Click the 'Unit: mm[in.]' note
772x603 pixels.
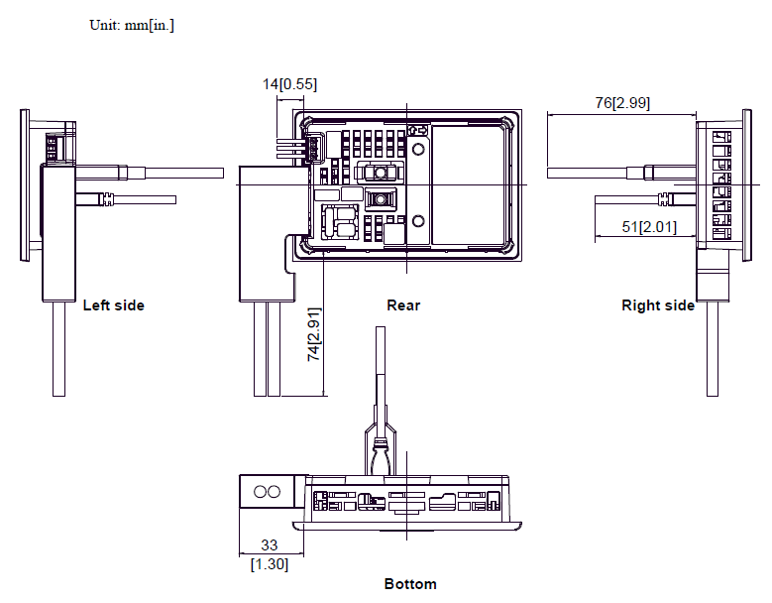click(x=132, y=25)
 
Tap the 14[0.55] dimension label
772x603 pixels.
click(x=289, y=84)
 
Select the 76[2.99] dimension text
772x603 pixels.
click(x=622, y=103)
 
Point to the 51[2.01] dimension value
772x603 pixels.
click(x=649, y=227)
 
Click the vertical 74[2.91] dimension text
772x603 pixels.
click(x=313, y=334)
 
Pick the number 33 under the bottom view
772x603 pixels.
click(x=270, y=544)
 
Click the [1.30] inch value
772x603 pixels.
click(x=270, y=564)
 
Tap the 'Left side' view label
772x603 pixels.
click(x=114, y=305)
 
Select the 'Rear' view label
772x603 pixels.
click(x=403, y=305)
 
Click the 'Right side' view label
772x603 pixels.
click(x=658, y=305)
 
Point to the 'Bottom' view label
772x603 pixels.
click(x=410, y=584)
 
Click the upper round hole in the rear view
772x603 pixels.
click(x=418, y=149)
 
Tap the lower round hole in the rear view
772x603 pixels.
click(x=418, y=221)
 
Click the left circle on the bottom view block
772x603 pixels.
click(x=260, y=492)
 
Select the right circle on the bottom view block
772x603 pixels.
click(x=274, y=492)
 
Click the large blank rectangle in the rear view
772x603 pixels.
click(x=468, y=184)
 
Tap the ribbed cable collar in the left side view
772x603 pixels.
click(x=106, y=199)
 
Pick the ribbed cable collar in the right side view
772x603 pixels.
click(x=665, y=199)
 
